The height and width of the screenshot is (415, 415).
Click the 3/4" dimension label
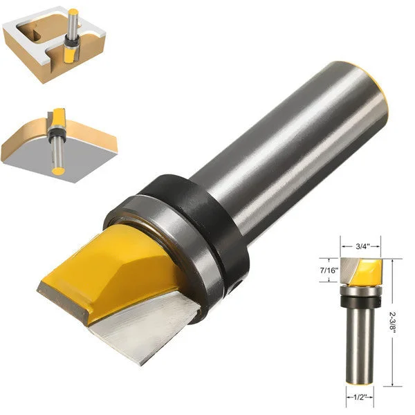point(362,246)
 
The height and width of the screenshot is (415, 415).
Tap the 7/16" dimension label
point(329,270)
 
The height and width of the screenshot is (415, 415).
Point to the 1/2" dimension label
point(360,397)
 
